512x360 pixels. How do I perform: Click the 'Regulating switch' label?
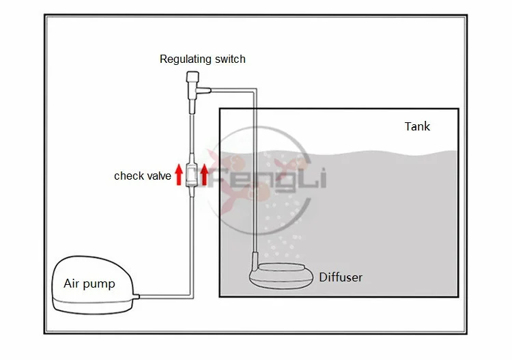[x=202, y=59]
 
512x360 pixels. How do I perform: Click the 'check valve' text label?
[x=142, y=176]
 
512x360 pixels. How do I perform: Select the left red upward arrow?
[x=179, y=175]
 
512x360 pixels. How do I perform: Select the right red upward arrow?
[x=203, y=175]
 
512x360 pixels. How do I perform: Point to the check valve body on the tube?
[x=192, y=175]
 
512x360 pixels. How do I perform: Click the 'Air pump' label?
[x=89, y=283]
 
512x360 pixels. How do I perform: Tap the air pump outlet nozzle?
[x=137, y=295]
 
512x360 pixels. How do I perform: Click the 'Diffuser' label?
[x=341, y=277]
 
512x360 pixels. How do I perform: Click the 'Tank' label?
[x=417, y=126]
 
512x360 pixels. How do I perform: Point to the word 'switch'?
[x=229, y=59]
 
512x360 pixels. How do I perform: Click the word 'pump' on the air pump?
[x=100, y=284]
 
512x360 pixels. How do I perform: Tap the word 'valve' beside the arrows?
[x=158, y=176]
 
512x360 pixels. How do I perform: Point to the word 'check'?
[x=128, y=176]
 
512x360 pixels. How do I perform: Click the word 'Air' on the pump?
[x=72, y=283]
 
